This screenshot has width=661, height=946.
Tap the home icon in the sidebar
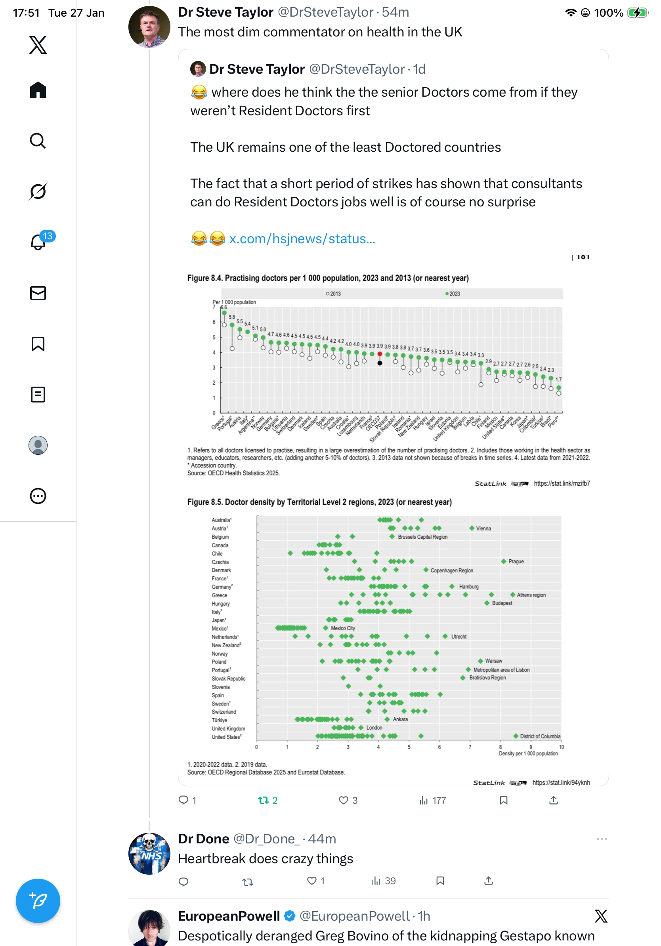(x=38, y=90)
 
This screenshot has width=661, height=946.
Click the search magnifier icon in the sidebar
(x=38, y=141)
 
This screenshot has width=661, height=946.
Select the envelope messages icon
(x=38, y=293)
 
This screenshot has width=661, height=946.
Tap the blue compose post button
(x=38, y=900)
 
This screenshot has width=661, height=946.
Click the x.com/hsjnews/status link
(x=302, y=238)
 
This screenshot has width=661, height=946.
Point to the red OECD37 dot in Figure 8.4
(x=380, y=354)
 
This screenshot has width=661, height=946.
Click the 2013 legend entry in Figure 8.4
(x=333, y=294)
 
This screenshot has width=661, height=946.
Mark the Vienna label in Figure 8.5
(x=483, y=528)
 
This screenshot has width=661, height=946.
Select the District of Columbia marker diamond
(x=516, y=736)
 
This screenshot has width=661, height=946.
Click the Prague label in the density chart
(x=516, y=562)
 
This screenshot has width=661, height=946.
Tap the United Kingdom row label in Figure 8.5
(x=228, y=729)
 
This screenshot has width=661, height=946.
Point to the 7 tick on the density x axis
(x=470, y=747)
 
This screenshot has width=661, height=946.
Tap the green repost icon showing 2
(x=263, y=800)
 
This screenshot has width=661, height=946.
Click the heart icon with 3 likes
(x=343, y=800)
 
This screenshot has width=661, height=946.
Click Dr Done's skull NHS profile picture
(x=149, y=853)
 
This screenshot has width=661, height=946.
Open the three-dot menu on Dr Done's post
(x=602, y=839)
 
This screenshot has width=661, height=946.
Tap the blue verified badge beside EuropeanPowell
(x=290, y=916)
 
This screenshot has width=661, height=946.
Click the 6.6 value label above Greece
(x=224, y=307)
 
